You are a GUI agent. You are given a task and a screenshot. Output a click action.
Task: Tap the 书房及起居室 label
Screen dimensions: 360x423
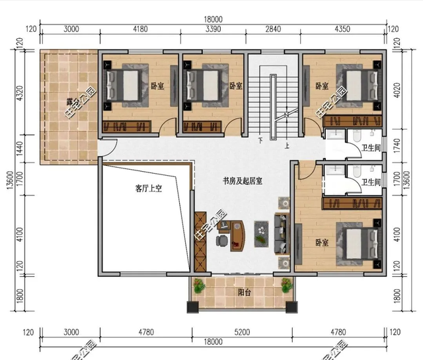[242, 181]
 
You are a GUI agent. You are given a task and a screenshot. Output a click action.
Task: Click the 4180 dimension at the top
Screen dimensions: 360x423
[139, 29]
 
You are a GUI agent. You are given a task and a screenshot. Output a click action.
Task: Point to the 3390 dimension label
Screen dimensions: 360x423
[213, 29]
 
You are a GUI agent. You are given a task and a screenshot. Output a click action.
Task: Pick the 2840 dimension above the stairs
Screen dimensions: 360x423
[273, 29]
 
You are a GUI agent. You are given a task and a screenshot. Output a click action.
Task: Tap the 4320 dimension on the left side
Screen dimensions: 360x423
[19, 92]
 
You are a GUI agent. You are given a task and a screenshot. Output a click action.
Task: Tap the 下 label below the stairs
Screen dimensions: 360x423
[261, 140]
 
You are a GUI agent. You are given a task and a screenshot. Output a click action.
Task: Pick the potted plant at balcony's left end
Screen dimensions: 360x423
[198, 285]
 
